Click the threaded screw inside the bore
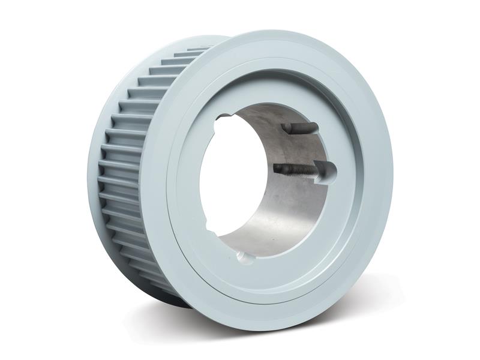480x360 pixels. pyautogui.click(x=296, y=169)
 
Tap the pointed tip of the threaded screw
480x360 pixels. pyautogui.click(x=277, y=166)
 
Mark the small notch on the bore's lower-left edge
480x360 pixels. pyautogui.click(x=210, y=227)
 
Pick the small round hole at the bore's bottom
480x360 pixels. pyautogui.click(x=244, y=259)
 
